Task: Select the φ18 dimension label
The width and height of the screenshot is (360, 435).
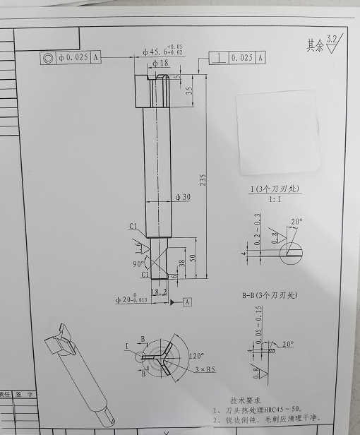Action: [x=160, y=64]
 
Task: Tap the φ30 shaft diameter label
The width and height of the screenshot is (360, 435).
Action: [x=182, y=197]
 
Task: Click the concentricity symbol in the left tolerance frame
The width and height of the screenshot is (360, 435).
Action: [x=47, y=57]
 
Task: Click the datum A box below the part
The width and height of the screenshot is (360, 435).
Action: [x=188, y=302]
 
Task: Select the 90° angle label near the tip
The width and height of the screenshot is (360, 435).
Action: [x=139, y=263]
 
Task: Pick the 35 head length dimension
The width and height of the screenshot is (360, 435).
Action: [x=189, y=90]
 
